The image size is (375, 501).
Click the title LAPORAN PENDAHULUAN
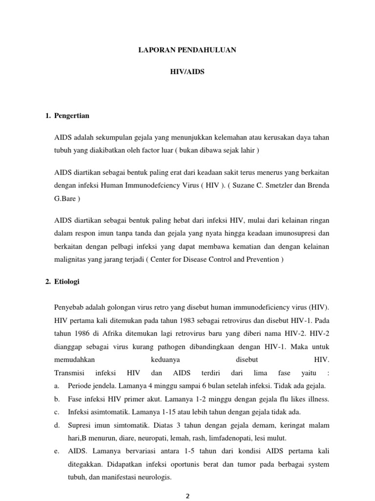(x=188, y=50)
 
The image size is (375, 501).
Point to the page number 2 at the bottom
(x=187, y=495)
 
